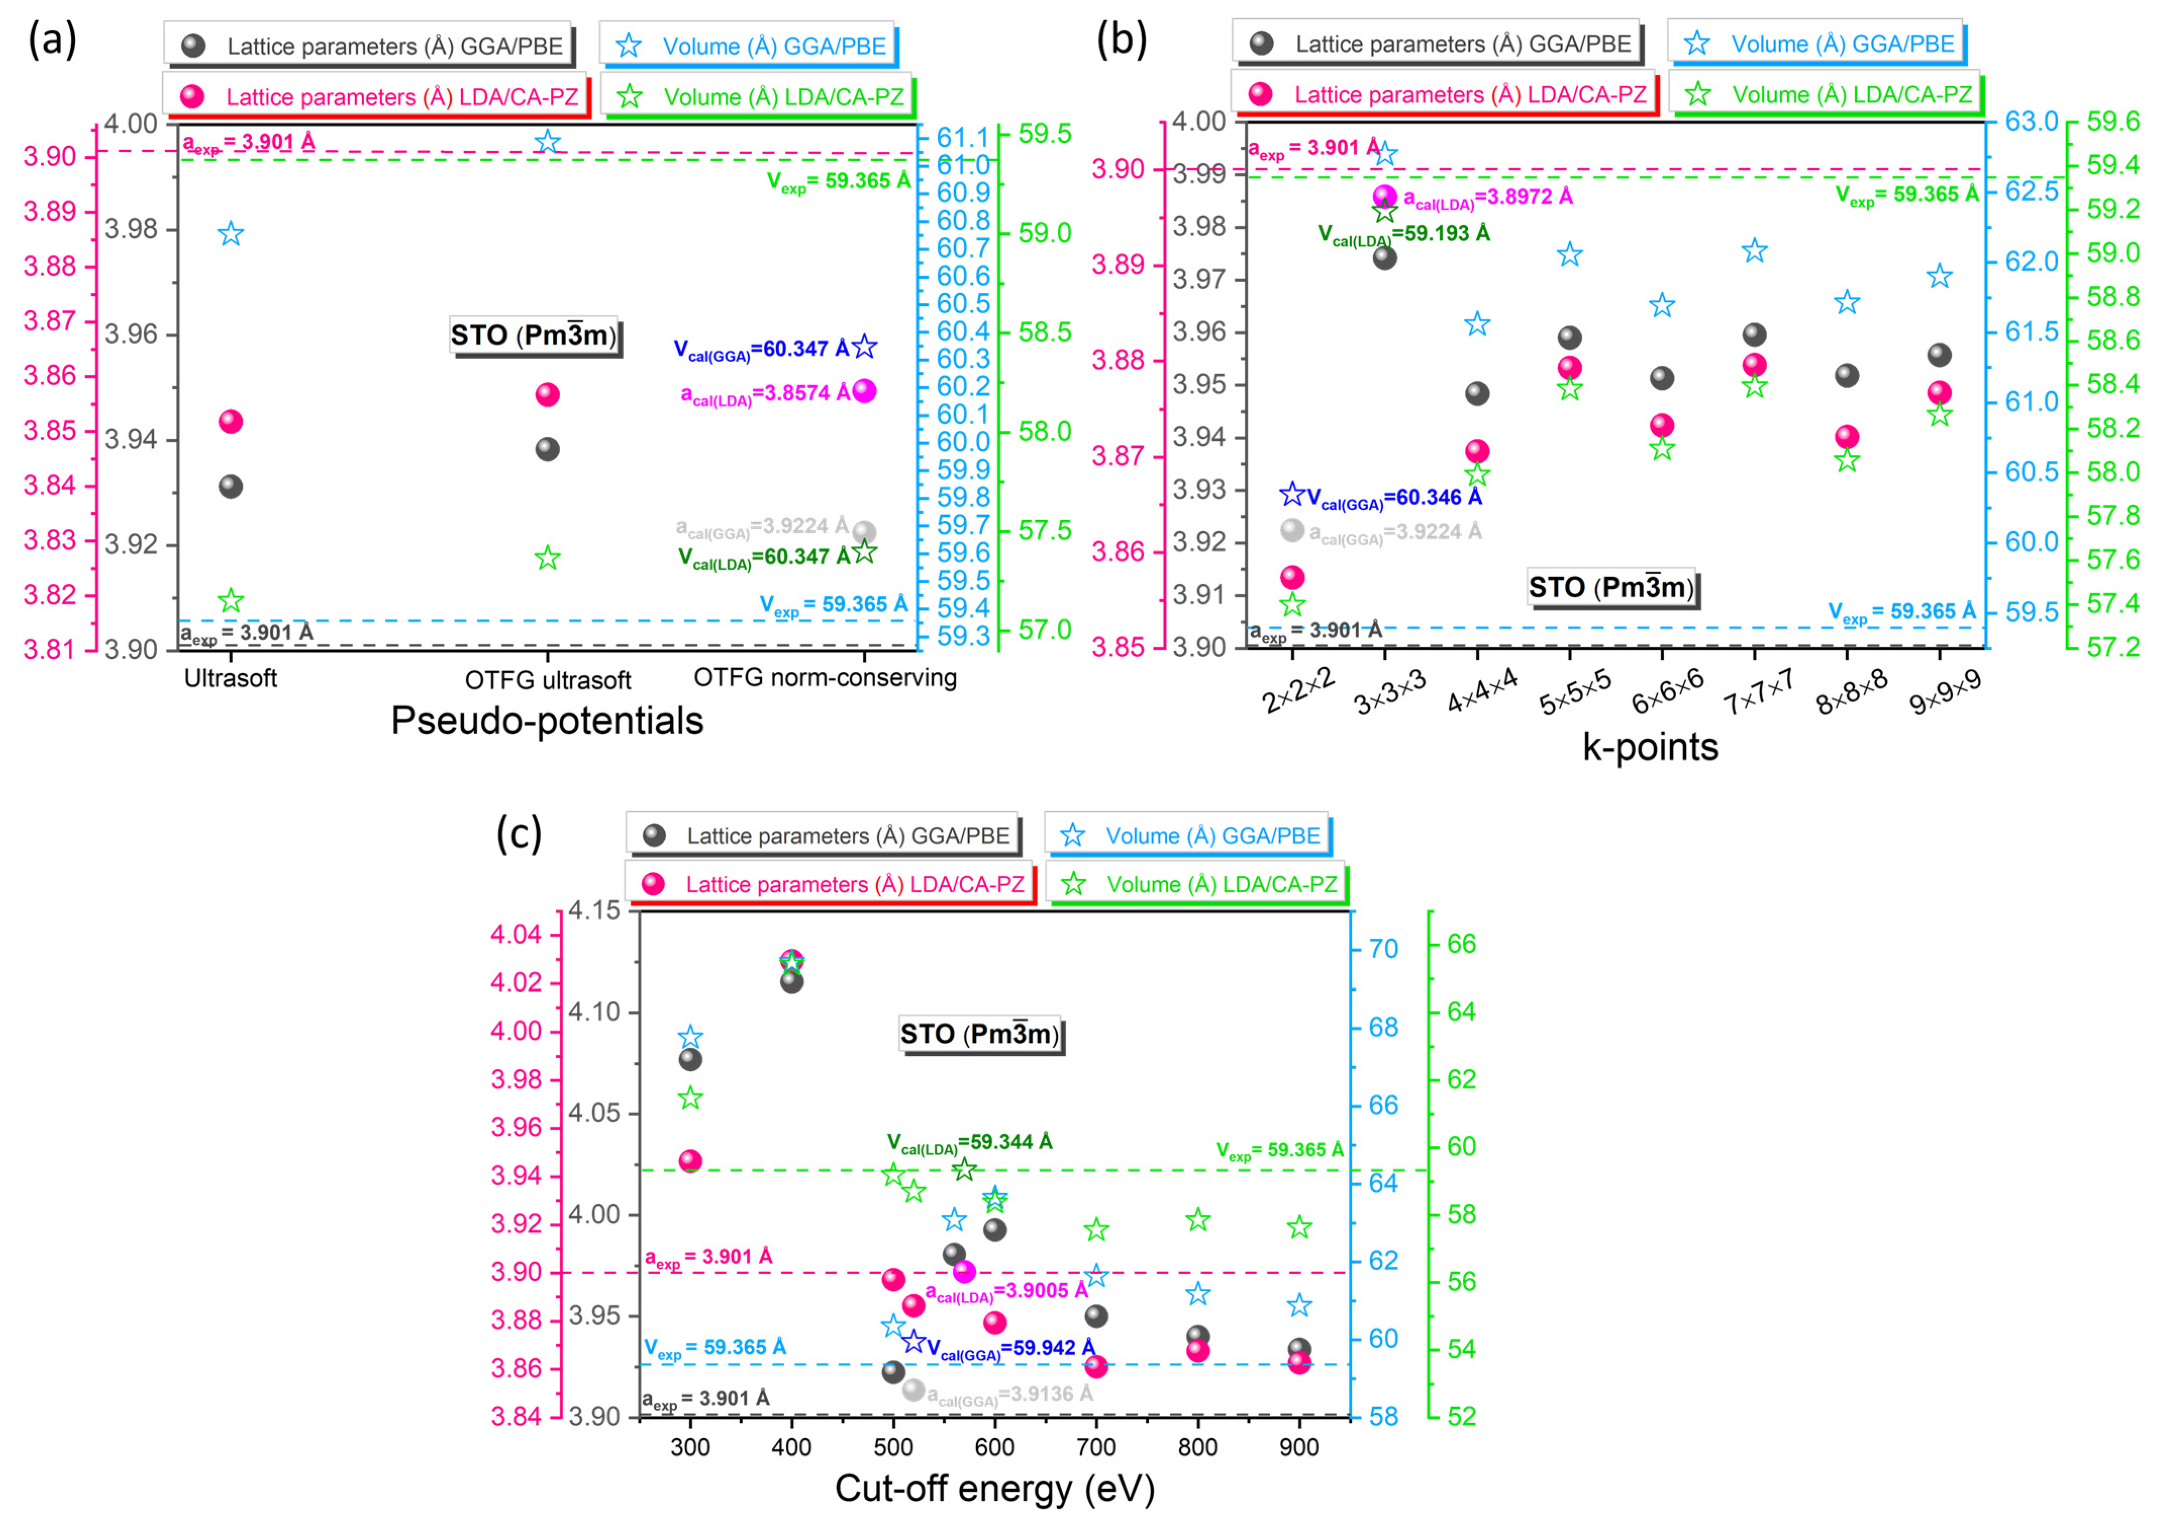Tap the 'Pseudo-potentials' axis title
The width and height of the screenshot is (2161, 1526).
click(547, 721)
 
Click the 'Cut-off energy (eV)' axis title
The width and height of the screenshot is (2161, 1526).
click(994, 1488)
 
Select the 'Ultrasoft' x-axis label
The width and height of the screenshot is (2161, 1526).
click(231, 678)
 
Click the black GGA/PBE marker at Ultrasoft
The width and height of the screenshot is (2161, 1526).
click(231, 486)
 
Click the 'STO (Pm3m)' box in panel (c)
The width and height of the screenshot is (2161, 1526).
click(980, 1034)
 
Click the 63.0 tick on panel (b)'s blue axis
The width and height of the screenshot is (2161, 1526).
click(2031, 121)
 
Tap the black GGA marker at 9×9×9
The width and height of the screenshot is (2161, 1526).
click(1939, 354)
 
